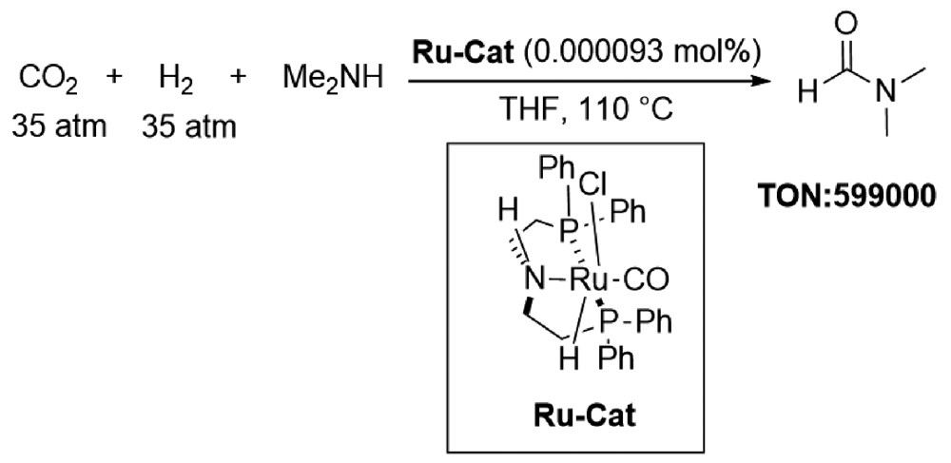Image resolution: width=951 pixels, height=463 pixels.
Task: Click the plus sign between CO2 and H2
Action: click(x=113, y=78)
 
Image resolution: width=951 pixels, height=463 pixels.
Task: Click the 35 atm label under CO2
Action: click(x=59, y=126)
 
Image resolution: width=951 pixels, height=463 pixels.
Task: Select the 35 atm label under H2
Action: click(x=189, y=126)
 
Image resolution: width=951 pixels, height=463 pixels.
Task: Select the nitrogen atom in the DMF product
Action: click(x=887, y=93)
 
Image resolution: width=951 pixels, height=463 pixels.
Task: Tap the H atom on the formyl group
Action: click(x=807, y=93)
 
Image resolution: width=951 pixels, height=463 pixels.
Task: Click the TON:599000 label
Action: click(x=846, y=198)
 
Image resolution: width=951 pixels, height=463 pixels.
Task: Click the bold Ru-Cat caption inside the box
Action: click(x=585, y=416)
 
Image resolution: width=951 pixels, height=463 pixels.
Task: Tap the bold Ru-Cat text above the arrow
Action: click(x=463, y=52)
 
